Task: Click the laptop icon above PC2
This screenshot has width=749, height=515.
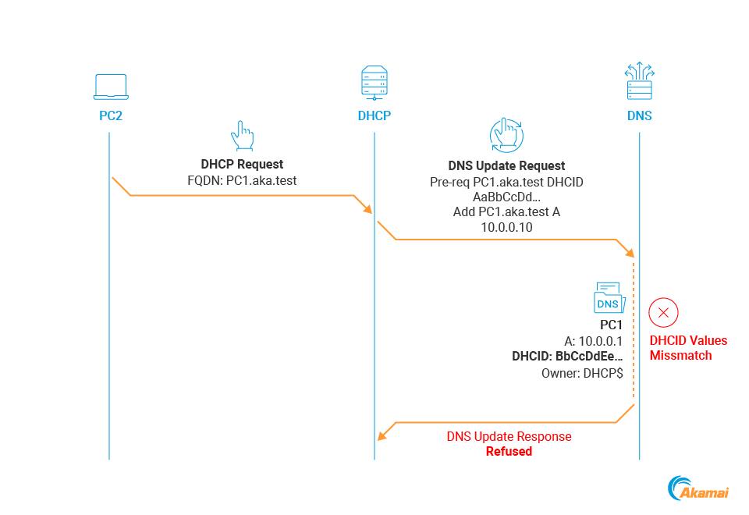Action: [x=110, y=87]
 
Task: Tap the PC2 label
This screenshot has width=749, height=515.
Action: [x=110, y=115]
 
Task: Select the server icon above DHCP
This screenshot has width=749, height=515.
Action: [x=374, y=83]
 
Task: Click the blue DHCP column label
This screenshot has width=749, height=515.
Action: [x=374, y=115]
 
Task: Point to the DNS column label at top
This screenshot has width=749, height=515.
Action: [x=640, y=115]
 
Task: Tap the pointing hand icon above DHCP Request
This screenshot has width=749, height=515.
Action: [x=243, y=136]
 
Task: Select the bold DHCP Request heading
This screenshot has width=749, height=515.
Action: [x=242, y=165]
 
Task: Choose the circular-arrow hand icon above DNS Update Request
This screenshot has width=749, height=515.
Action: [x=506, y=136]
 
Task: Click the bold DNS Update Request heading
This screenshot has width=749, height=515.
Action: [x=506, y=165]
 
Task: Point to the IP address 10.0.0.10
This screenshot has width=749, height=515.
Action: [x=506, y=226]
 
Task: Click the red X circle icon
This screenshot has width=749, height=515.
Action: [x=664, y=313]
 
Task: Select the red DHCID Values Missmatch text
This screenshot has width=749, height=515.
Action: [x=687, y=348]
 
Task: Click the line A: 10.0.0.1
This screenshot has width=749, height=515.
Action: [x=593, y=340]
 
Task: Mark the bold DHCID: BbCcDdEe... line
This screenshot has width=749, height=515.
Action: [x=567, y=356]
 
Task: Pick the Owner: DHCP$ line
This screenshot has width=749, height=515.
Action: [x=582, y=373]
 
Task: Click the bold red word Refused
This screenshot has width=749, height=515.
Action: [x=509, y=451]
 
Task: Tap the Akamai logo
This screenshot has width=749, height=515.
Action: [x=698, y=488]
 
